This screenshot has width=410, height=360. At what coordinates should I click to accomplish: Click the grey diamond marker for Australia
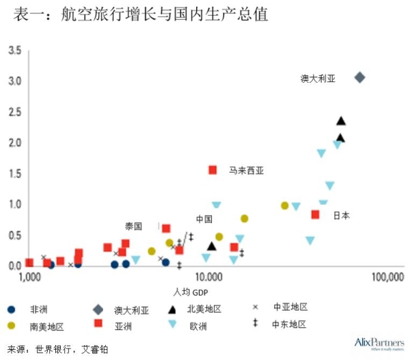360,77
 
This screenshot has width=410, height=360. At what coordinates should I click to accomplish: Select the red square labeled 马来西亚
213,169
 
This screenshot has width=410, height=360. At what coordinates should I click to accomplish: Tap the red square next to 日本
315,214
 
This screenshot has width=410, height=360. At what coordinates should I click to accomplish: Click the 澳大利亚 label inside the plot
318,79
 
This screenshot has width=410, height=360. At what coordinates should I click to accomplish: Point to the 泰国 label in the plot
133,226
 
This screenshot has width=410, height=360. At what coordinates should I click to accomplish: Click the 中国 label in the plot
204,219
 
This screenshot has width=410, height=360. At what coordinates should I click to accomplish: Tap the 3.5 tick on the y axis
14,51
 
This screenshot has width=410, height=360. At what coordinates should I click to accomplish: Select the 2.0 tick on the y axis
14,143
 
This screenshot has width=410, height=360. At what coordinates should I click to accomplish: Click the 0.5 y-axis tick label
14,235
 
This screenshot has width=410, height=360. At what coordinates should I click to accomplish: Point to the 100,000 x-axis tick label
385,277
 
